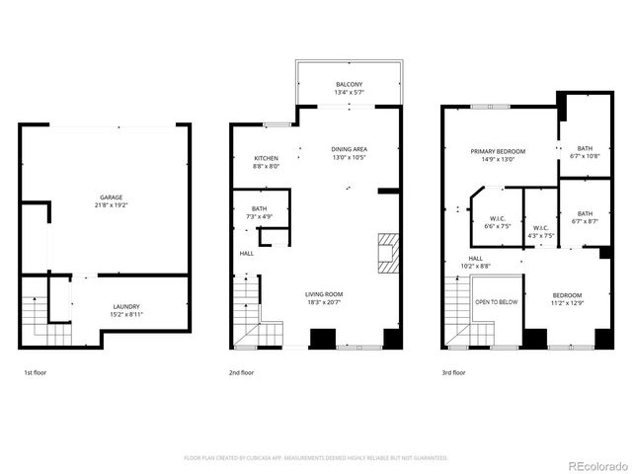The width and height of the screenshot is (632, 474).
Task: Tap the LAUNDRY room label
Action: pyautogui.click(x=125, y=310)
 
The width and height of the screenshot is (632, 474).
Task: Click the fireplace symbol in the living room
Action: pyautogui.click(x=387, y=252)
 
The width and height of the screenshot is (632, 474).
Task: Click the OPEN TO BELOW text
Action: pyautogui.click(x=497, y=302)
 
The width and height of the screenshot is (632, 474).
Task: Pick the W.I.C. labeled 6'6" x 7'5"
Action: pyautogui.click(x=498, y=223)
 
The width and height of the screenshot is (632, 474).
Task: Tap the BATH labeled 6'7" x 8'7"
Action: pyautogui.click(x=586, y=217)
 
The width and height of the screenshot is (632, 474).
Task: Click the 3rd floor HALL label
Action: pyautogui.click(x=475, y=262)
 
